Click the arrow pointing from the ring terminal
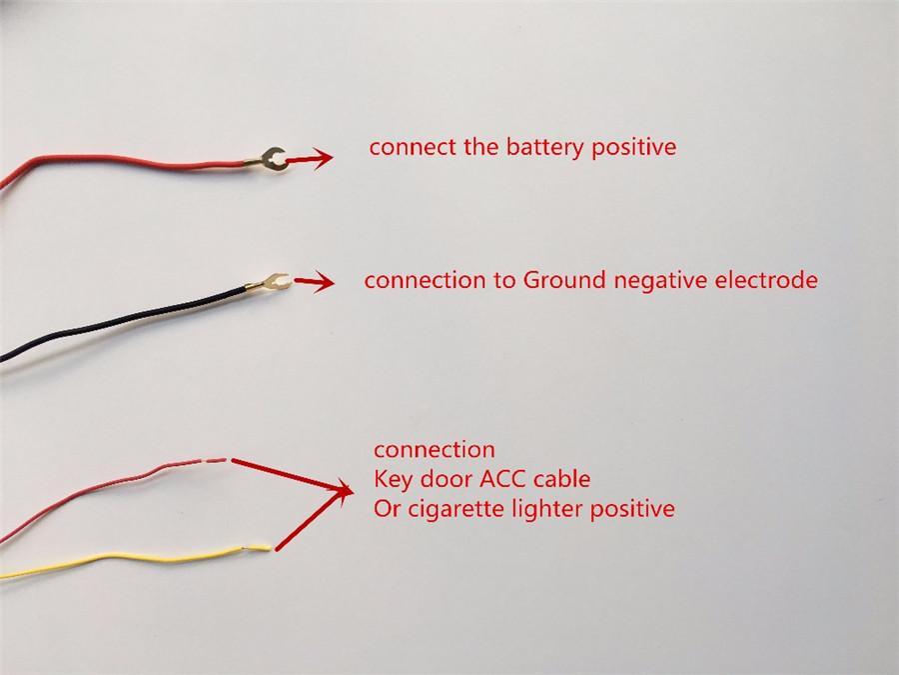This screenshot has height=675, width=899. [x=310, y=158]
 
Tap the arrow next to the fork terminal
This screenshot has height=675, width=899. [x=315, y=281]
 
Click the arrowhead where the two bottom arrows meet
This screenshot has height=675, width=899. [x=344, y=491]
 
